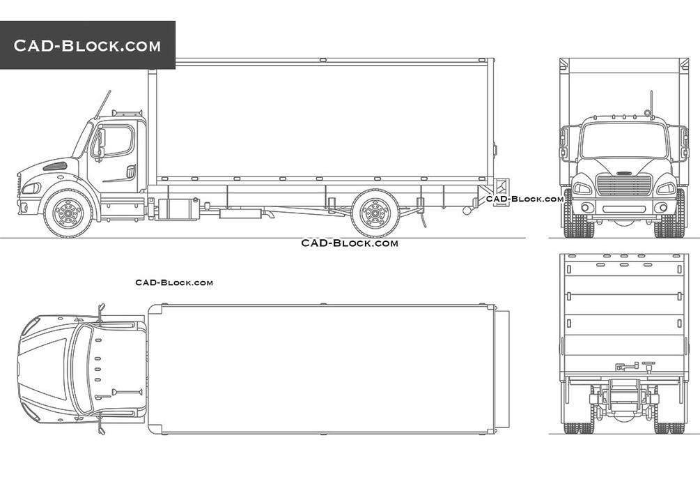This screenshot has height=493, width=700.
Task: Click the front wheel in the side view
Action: click(68, 213)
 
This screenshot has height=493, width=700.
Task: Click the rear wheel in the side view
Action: click(375, 213)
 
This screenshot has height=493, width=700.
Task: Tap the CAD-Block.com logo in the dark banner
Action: click(87, 45)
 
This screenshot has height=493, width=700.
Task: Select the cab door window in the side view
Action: click(116, 141)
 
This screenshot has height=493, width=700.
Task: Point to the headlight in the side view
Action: click(32, 188)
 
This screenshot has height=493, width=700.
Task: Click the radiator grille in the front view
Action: click(624, 185)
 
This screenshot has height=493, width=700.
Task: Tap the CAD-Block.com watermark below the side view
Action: click(350, 243)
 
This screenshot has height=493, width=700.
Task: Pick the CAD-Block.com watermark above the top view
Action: click(174, 282)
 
